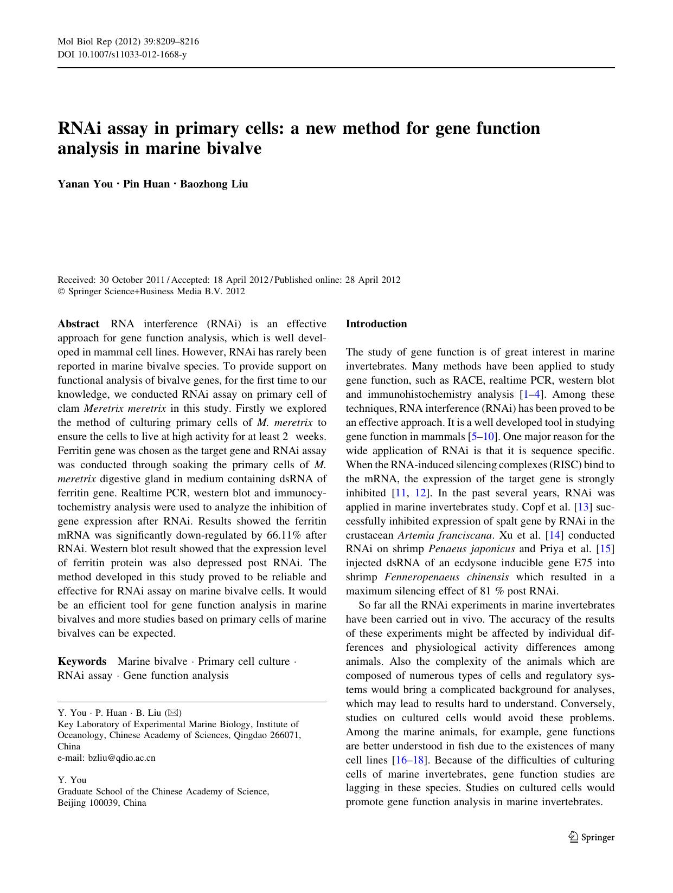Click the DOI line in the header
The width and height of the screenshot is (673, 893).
click(x=122, y=55)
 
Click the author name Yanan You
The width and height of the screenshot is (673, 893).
click(x=85, y=184)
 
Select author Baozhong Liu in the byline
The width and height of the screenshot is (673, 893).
click(x=214, y=184)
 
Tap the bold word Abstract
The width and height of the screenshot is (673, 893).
click(x=78, y=324)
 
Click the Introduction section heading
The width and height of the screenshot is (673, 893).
click(x=376, y=324)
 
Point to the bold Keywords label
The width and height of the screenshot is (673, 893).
click(x=82, y=662)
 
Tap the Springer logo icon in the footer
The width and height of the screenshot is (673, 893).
click(x=573, y=837)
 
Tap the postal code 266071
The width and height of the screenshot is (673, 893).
click(x=285, y=735)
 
